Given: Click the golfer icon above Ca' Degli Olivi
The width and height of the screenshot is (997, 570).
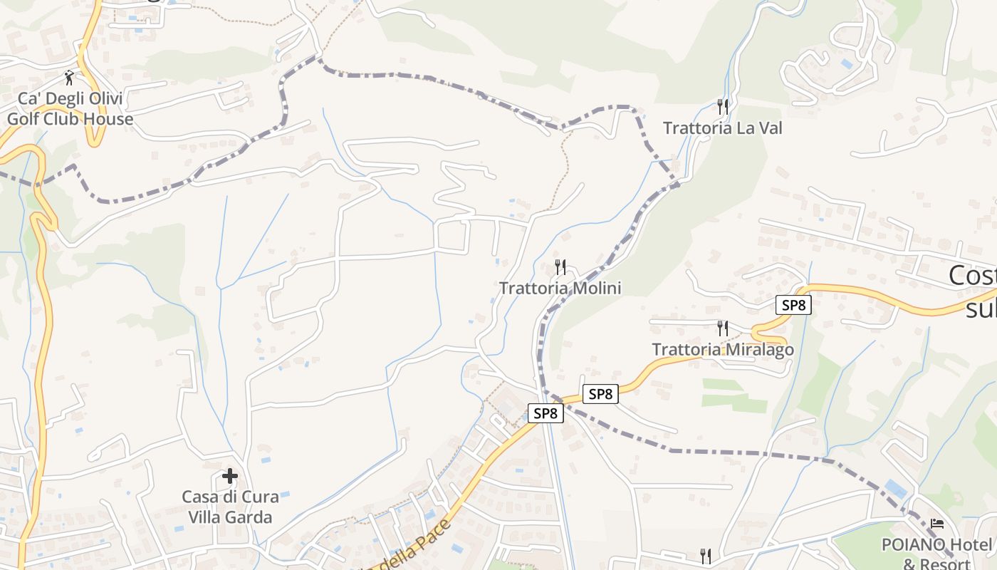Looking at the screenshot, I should point(69,77).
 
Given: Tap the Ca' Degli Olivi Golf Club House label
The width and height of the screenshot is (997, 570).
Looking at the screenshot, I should point(70,109).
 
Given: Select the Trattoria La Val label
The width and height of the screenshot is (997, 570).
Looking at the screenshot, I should point(722,128).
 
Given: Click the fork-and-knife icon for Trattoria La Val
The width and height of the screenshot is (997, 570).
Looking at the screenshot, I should point(723,107).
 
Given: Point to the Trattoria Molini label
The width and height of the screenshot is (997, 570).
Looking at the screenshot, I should point(560,289).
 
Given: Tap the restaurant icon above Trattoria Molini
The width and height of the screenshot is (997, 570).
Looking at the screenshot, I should point(560,267).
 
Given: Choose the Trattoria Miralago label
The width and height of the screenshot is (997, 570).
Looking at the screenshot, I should point(723,350).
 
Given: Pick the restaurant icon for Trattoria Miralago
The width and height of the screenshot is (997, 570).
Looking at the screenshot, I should point(723,328).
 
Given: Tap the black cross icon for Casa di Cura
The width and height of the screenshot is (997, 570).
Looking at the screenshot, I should point(229,475).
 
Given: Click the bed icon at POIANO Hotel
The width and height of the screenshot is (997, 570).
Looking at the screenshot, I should point(937,524).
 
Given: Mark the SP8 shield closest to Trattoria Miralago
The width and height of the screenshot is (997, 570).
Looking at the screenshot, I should point(793,305).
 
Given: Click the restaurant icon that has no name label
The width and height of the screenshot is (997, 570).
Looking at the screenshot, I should point(706,555).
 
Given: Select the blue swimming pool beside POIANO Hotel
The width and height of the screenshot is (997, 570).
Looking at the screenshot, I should point(895,489).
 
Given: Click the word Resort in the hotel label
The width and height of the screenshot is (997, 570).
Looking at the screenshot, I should point(946,564).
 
